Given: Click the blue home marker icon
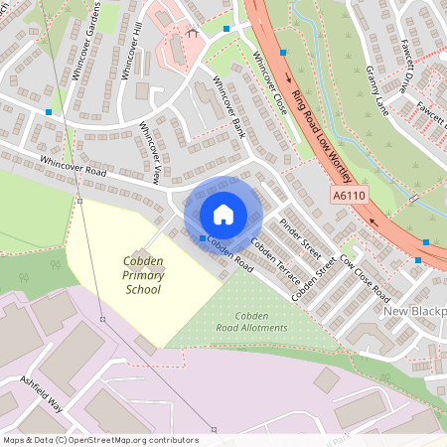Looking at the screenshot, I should [223, 214].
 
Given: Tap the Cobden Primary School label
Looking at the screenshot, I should [143, 275].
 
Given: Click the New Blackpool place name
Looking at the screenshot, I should [414, 312].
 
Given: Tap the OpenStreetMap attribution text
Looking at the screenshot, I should [100, 440].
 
